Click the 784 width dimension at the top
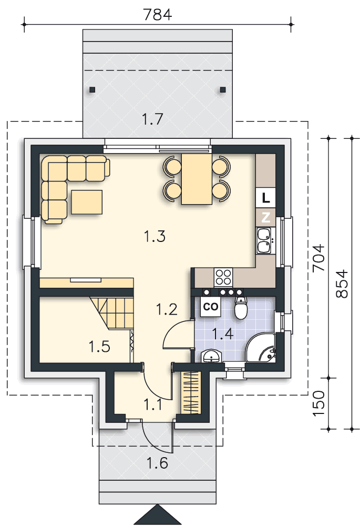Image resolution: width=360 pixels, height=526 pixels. [157, 15]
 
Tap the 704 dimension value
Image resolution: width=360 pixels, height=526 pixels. [319, 258]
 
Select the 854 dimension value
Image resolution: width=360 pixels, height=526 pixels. [342, 284]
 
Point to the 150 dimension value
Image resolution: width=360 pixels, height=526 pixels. [319, 403]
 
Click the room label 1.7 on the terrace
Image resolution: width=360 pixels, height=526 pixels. [152, 119]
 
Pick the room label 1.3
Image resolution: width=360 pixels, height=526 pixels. [155, 236]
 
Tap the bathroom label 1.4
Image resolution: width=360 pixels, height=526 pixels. [223, 334]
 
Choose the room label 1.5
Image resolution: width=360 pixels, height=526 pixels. [99, 347]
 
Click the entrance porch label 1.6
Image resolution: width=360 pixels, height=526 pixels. [157, 463]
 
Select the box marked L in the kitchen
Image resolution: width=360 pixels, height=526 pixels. [265, 198]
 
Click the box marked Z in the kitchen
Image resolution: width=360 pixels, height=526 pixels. [265, 217]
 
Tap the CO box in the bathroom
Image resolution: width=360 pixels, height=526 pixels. [211, 307]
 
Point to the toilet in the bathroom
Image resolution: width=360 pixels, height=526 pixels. [241, 308]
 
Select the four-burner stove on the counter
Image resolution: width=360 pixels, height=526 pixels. [223, 277]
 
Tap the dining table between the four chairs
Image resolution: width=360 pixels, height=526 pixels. [197, 179]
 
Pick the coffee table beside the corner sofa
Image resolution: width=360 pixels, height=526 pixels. [87, 201]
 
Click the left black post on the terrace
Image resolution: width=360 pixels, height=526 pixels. [92, 89]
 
